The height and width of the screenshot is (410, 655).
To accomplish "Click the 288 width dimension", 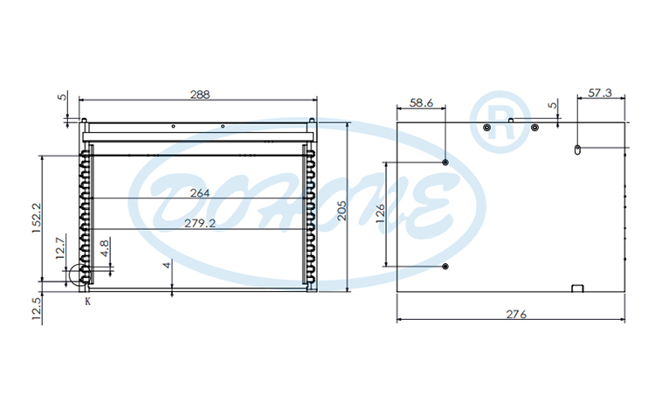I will [200, 94].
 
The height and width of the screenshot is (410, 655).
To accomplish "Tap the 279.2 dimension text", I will [200, 224].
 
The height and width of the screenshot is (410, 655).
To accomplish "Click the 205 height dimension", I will [355, 208].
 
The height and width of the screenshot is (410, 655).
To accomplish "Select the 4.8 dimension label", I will [105, 248].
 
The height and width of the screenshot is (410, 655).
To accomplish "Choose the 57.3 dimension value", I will [600, 93].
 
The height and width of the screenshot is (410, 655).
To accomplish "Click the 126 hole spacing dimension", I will [380, 214].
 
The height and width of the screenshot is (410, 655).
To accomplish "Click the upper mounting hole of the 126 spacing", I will [445, 163].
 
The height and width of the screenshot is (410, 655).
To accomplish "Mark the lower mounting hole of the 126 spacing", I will [445, 266].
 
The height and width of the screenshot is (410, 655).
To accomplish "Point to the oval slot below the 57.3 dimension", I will [577, 150].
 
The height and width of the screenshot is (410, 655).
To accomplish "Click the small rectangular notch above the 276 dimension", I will [576, 288].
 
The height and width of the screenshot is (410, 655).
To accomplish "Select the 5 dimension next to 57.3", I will [552, 106].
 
